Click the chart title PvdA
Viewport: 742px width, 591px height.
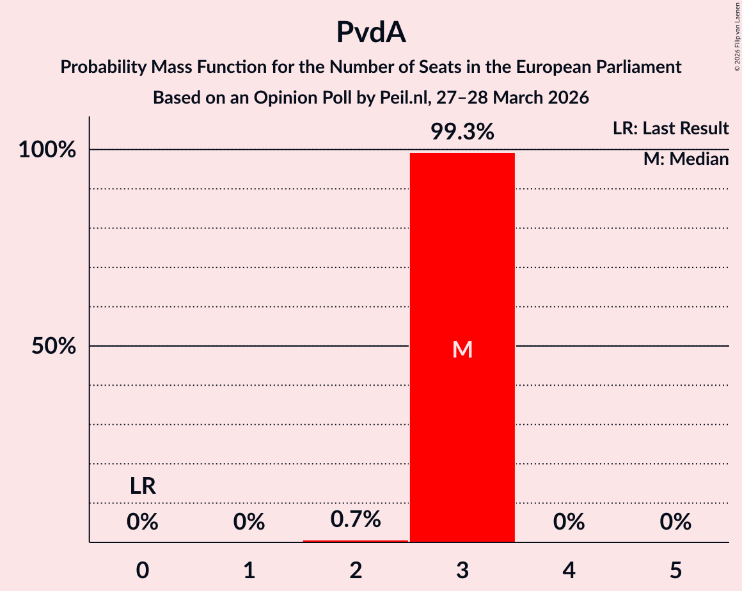tap(371, 33)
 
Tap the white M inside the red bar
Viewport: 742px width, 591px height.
tap(462, 349)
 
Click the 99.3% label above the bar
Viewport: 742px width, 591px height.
tap(462, 132)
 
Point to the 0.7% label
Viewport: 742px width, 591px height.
tap(356, 519)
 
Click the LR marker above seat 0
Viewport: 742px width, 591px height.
tap(143, 487)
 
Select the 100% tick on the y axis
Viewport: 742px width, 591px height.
tap(47, 150)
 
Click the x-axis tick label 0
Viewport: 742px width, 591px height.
tap(143, 570)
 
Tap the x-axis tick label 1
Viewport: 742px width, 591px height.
tap(249, 570)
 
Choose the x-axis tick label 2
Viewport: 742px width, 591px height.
tap(356, 570)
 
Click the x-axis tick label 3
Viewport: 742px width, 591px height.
tap(462, 570)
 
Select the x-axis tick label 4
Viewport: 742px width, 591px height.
tap(569, 570)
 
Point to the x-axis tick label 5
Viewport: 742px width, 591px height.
tap(675, 570)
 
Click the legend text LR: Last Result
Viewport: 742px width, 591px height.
tap(670, 129)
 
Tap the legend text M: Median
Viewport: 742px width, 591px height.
tap(686, 159)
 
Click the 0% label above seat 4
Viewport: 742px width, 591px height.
tap(569, 523)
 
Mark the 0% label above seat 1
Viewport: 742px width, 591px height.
tap(249, 523)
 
